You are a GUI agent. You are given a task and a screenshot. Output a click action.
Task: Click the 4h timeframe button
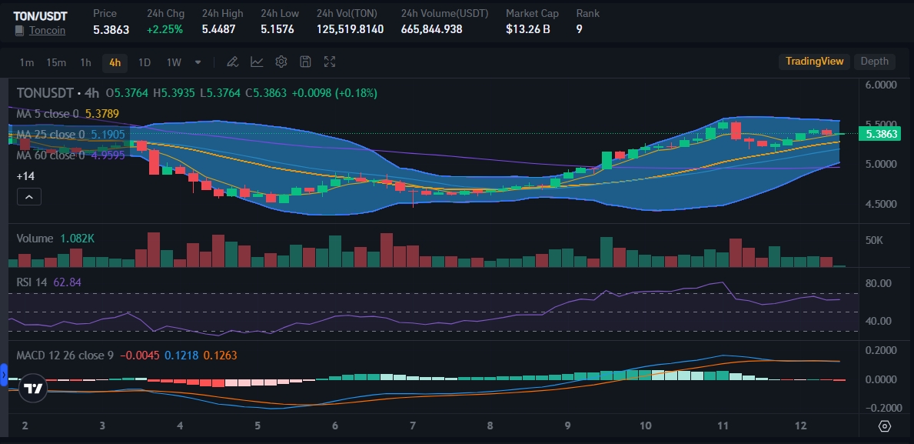click(115, 62)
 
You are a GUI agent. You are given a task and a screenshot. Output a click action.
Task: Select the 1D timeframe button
click(145, 62)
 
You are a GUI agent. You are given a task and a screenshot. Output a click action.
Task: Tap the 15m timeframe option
click(55, 62)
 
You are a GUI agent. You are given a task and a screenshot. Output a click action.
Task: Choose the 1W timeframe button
click(174, 62)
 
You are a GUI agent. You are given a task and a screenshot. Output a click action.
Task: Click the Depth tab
click(874, 62)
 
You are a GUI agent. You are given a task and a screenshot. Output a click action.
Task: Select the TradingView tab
click(814, 62)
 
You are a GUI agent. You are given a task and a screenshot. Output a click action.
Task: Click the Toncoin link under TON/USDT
click(47, 30)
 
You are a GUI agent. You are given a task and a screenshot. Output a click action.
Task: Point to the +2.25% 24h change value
click(165, 29)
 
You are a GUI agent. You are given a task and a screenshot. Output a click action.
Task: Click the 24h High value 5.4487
click(218, 29)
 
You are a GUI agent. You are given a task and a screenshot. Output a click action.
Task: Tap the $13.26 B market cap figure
click(527, 29)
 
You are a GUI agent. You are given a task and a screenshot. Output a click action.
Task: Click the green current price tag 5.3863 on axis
click(881, 134)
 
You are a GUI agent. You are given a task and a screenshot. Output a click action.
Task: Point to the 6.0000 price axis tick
click(881, 85)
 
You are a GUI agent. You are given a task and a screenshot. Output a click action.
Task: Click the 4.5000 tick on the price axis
click(881, 205)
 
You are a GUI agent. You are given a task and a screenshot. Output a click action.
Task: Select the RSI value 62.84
click(65, 282)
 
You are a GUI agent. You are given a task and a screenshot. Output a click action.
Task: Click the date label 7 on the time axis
click(413, 426)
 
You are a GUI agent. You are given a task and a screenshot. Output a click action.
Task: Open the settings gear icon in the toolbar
click(281, 62)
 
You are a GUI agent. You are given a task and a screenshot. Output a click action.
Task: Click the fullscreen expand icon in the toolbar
click(330, 62)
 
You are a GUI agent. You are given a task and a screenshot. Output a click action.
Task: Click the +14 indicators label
click(25, 176)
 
